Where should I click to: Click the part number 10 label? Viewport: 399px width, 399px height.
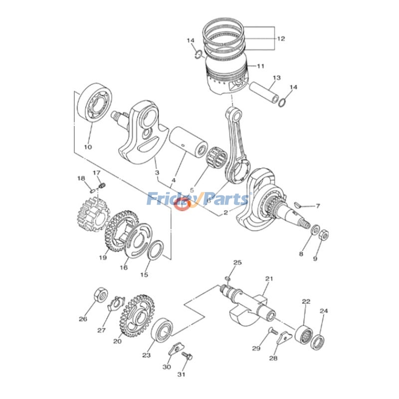(x=88, y=147)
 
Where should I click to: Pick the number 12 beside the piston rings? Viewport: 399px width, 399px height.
(x=281, y=38)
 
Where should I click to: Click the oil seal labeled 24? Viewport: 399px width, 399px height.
(x=318, y=343)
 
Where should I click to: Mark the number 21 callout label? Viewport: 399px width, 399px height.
(x=269, y=279)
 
